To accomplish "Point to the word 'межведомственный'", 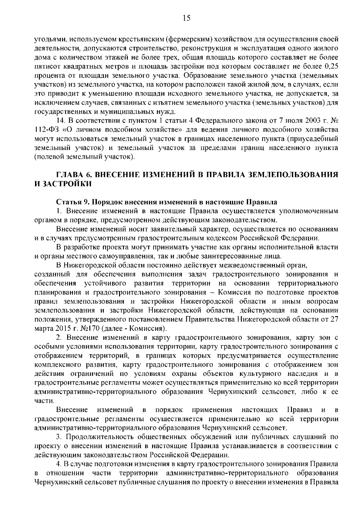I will [x=247, y=265].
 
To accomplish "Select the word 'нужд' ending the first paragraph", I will [x=166, y=112].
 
